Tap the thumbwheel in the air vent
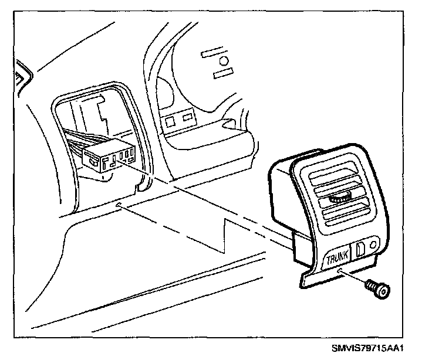tap(340, 199)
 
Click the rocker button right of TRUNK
tap(360, 247)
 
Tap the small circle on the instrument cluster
tap(223, 61)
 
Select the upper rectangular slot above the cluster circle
tap(212, 53)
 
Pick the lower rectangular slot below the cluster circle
tap(224, 74)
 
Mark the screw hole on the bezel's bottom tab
tap(341, 270)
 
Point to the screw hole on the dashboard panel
tap(119, 204)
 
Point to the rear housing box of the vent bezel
tap(282, 193)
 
